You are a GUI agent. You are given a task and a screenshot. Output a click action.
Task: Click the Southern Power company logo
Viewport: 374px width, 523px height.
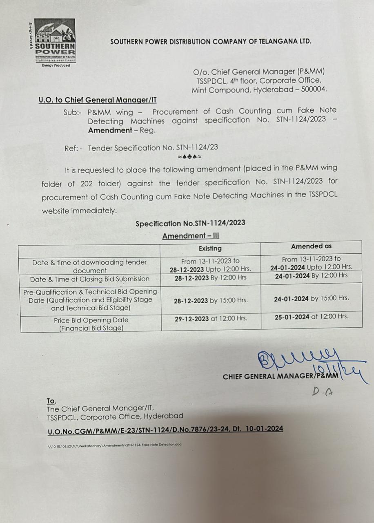[x=54, y=42]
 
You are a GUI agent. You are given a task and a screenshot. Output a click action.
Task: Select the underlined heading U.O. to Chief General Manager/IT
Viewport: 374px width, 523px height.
[x=98, y=100]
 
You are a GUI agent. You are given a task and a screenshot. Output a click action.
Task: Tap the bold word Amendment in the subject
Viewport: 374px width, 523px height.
[x=108, y=130]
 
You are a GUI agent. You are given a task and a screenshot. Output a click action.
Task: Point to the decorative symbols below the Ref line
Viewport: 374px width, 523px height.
[x=189, y=156]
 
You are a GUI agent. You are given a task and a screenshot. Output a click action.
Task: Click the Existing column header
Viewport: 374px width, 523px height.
[x=210, y=248]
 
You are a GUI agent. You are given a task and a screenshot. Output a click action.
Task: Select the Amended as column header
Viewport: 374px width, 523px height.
[x=311, y=246]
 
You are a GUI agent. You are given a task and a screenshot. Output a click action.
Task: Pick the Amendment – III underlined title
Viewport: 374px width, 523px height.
[x=190, y=236]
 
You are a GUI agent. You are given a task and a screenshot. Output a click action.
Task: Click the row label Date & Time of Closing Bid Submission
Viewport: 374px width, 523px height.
[x=89, y=279]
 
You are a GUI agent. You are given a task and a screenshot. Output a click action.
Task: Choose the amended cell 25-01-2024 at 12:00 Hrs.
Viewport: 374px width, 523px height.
[x=311, y=316]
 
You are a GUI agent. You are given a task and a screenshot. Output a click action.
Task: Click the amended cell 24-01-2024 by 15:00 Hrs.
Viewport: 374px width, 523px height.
[x=311, y=298]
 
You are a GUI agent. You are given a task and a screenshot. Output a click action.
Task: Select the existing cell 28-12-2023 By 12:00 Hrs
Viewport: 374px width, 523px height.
[x=211, y=278]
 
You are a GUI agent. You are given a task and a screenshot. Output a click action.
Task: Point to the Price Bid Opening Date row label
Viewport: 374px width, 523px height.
[x=91, y=324]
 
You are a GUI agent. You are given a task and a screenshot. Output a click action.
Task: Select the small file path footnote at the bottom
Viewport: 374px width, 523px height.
[x=114, y=444]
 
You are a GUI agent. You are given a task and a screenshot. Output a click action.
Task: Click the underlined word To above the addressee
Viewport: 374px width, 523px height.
[x=51, y=401]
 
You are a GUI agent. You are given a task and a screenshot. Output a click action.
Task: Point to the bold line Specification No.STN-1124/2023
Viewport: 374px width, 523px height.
[x=190, y=224]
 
